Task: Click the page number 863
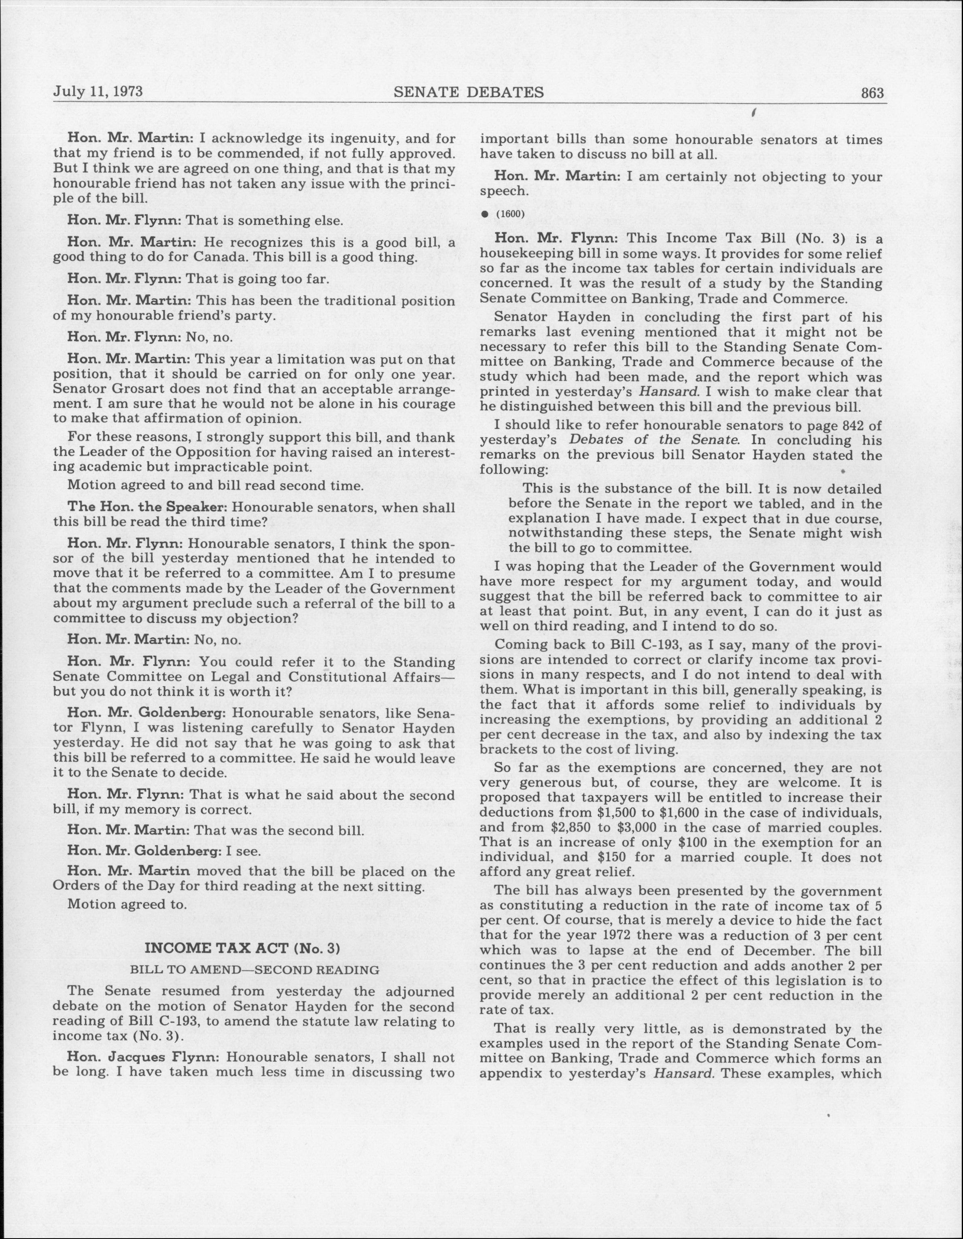[872, 93]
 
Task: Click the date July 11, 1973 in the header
[98, 92]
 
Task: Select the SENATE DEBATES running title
[469, 92]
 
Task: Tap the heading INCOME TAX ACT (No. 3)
[242, 948]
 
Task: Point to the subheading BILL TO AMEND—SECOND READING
[255, 970]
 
